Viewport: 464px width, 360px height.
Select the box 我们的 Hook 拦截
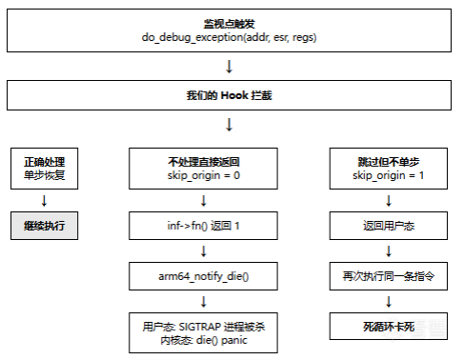pyautogui.click(x=229, y=96)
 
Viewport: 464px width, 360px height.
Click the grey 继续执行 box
pyautogui.click(x=44, y=226)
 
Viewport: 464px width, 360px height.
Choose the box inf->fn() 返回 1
pyautogui.click(x=203, y=226)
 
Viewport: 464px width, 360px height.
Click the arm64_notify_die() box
pyautogui.click(x=203, y=276)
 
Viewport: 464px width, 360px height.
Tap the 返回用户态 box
pyautogui.click(x=389, y=226)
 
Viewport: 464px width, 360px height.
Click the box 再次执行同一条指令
pyautogui.click(x=389, y=276)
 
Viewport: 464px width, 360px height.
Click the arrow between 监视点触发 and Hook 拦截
pyautogui.click(x=229, y=66)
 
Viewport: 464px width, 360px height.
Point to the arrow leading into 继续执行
pyautogui.click(x=44, y=200)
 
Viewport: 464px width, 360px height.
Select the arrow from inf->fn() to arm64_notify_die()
pyautogui.click(x=203, y=251)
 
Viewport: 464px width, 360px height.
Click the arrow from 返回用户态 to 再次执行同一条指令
pyautogui.click(x=389, y=251)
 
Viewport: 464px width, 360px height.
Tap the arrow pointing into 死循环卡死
pyautogui.click(x=389, y=301)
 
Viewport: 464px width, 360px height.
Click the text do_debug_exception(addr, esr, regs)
pyautogui.click(x=229, y=36)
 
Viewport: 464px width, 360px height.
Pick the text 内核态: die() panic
pyautogui.click(x=203, y=339)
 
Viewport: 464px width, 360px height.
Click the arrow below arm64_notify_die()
pyautogui.click(x=203, y=301)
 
